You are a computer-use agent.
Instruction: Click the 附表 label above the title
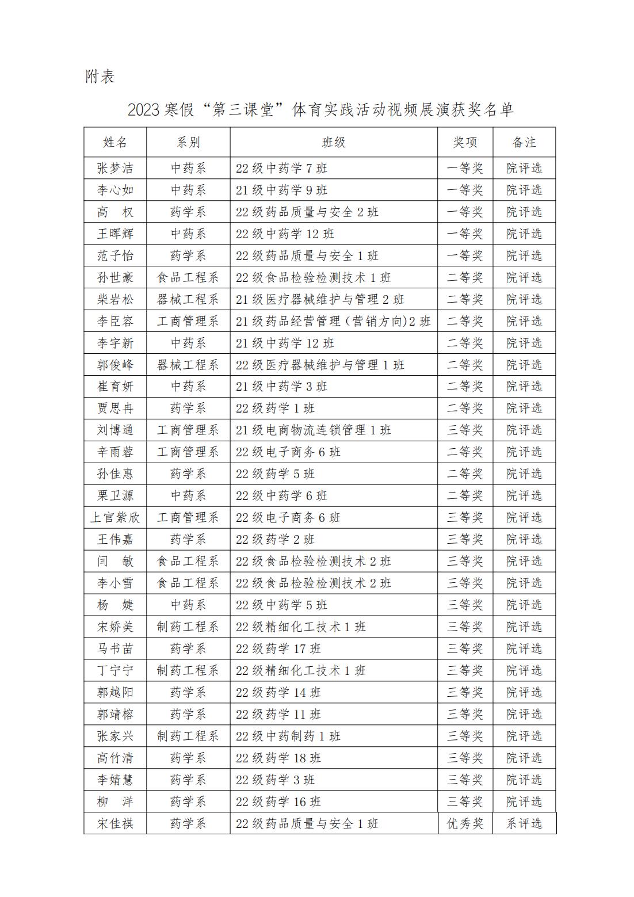[x=100, y=77]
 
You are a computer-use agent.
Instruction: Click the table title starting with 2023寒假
[x=320, y=110]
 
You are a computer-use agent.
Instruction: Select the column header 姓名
[x=115, y=142]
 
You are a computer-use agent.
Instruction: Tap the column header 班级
[x=333, y=142]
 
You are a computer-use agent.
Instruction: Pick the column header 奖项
[x=465, y=142]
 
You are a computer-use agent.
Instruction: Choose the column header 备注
[x=524, y=142]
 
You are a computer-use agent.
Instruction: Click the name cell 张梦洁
[x=115, y=169]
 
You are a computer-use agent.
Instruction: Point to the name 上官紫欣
[x=115, y=518]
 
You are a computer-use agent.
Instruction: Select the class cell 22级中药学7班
[x=281, y=169]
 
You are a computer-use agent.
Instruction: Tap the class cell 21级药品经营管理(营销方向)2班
[x=333, y=321]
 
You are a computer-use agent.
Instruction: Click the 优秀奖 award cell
[x=465, y=823]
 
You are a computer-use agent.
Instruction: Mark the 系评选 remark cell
[x=524, y=823]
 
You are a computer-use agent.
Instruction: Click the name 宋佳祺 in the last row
[x=115, y=823]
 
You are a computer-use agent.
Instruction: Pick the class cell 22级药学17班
[x=278, y=649]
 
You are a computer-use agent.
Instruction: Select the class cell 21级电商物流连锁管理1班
[x=314, y=430]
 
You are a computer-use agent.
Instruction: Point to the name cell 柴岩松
[x=115, y=299]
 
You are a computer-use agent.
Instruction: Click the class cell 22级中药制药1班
[x=288, y=736]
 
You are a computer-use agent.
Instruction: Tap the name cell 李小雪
[x=115, y=583]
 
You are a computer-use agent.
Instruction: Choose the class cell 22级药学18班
[x=278, y=758]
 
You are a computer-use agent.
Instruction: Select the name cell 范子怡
[x=115, y=255]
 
